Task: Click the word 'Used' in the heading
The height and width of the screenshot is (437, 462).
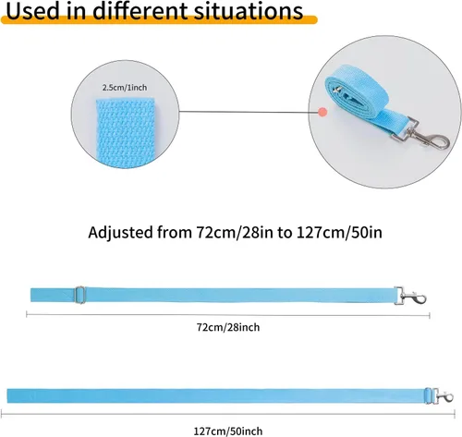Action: tap(32, 11)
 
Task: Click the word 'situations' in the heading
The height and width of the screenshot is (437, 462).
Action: tap(249, 11)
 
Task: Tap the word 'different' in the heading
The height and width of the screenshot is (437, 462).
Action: tap(140, 11)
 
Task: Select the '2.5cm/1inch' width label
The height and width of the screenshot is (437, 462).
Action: tap(125, 88)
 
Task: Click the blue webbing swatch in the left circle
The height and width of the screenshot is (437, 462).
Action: tap(126, 133)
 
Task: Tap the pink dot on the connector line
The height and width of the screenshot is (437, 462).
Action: tap(322, 112)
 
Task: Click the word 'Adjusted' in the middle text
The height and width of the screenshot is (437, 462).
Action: tap(120, 233)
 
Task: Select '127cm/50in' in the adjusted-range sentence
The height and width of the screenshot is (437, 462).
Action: tap(339, 233)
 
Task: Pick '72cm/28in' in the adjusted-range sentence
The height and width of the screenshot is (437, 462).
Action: tap(235, 233)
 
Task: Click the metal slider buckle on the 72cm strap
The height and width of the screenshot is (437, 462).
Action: tap(80, 295)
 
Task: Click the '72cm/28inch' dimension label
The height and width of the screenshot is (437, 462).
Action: tap(228, 327)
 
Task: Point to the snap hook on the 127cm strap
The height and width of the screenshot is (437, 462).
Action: tap(439, 395)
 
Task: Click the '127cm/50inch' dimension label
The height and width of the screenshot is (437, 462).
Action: tap(228, 431)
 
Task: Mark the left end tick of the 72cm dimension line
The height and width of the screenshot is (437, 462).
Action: tap(27, 314)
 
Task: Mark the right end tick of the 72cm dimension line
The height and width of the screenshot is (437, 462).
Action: tap(430, 315)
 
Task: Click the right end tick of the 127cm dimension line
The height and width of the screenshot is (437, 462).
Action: tap(455, 415)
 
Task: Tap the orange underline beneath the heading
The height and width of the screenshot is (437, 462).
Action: tap(159, 20)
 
